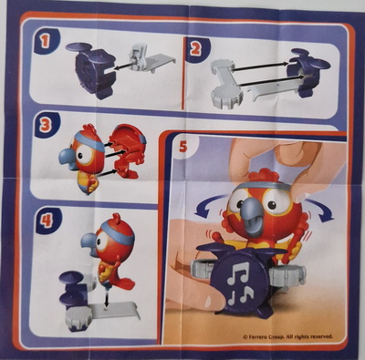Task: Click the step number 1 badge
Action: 45,41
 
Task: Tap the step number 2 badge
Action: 196,49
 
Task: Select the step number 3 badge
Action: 46,125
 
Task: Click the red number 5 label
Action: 183,147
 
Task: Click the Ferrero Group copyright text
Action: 287,336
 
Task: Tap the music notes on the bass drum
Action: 240,283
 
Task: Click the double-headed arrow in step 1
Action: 124,65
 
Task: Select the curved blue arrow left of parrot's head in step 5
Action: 207,204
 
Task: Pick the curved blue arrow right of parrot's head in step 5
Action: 319,208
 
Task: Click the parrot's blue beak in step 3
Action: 68,156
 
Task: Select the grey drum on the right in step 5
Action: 287,273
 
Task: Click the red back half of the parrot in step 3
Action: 128,153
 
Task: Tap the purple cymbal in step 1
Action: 78,46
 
